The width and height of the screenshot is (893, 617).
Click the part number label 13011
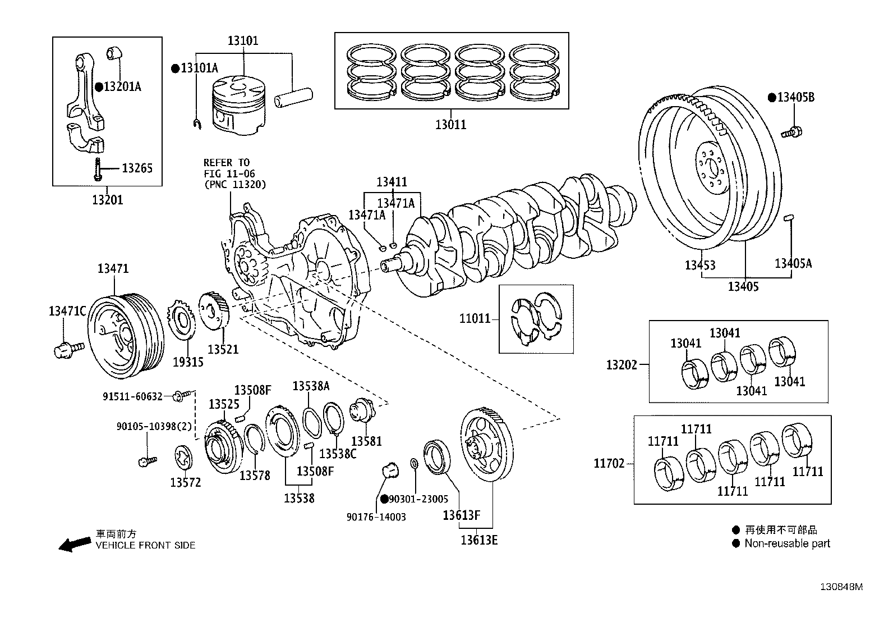pyautogui.click(x=450, y=125)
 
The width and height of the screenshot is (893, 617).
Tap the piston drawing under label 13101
pyautogui.click(x=236, y=107)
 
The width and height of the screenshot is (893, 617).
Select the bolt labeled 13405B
pyautogui.click(x=791, y=132)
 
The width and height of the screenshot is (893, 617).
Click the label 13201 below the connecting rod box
pyautogui.click(x=107, y=200)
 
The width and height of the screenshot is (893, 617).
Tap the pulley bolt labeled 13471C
pyautogui.click(x=67, y=349)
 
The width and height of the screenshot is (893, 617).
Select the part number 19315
pyautogui.click(x=188, y=362)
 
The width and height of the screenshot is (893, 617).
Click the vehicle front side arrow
pyautogui.click(x=75, y=544)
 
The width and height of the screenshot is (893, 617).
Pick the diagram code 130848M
pyautogui.click(x=841, y=587)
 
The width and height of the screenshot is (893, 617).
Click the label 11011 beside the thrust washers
pyautogui.click(x=475, y=319)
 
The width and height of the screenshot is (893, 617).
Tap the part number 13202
pyautogui.click(x=622, y=365)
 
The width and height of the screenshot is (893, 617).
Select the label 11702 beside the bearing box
pyautogui.click(x=609, y=464)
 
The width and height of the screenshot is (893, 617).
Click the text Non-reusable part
pyautogui.click(x=787, y=543)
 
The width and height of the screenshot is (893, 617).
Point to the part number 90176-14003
pyautogui.click(x=376, y=517)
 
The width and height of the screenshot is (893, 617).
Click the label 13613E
pyautogui.click(x=479, y=540)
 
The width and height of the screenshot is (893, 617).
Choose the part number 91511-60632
pyautogui.click(x=132, y=397)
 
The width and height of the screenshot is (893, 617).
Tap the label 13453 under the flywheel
pyautogui.click(x=700, y=265)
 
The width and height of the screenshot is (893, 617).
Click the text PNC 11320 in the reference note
pyautogui.click(x=234, y=184)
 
